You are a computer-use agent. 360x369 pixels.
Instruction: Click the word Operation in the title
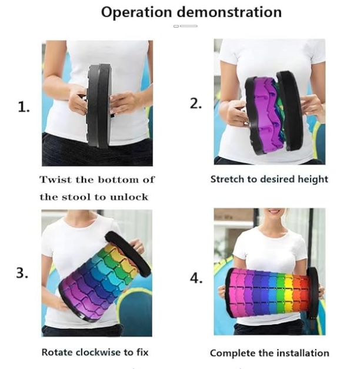(x=136, y=12)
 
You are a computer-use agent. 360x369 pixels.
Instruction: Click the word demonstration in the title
(x=229, y=12)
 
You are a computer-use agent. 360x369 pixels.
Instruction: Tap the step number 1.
(x=24, y=108)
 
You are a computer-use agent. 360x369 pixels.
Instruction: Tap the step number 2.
(x=196, y=103)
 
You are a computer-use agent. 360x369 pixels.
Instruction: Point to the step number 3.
(x=22, y=273)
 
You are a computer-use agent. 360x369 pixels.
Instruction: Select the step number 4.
(x=196, y=279)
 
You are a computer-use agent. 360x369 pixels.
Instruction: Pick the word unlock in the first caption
(x=129, y=197)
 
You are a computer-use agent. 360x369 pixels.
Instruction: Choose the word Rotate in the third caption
(x=57, y=353)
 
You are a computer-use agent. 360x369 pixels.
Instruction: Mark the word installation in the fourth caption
(x=302, y=353)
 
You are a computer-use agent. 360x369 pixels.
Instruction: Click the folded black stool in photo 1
(x=99, y=106)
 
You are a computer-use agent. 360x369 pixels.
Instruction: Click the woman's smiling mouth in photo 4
(x=274, y=211)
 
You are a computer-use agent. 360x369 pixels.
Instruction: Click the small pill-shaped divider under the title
(x=185, y=26)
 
